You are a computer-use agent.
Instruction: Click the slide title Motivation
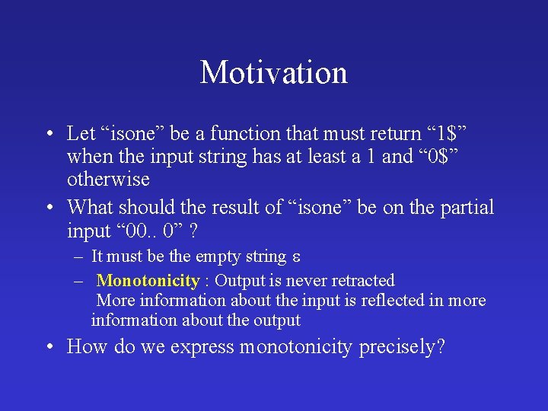273,73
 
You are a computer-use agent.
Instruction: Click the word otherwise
108,180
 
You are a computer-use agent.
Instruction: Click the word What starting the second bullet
91,208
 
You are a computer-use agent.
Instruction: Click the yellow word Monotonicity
148,281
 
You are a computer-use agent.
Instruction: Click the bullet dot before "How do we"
49,347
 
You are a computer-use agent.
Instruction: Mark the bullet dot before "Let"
49,134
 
